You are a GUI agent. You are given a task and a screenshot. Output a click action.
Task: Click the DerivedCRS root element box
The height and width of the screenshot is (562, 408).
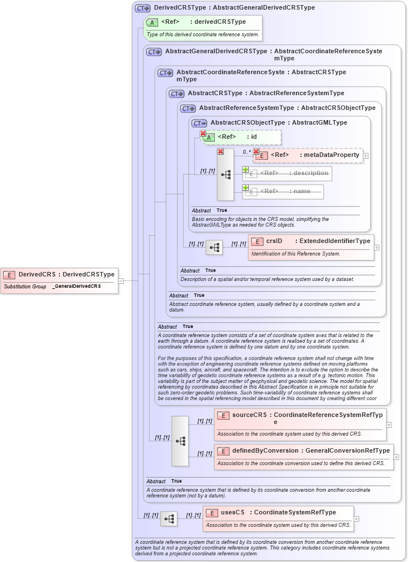click(59, 274)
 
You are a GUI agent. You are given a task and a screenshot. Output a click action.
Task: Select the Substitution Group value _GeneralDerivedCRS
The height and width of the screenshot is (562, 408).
click(76, 287)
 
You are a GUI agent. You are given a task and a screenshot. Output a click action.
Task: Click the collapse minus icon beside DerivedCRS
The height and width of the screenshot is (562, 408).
click(121, 280)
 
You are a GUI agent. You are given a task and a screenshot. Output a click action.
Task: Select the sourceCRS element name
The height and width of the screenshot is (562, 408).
click(250, 415)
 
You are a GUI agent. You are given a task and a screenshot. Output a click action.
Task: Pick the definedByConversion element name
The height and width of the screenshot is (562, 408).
click(265, 450)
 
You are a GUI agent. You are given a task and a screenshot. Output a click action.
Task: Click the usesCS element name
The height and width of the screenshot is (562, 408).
click(232, 512)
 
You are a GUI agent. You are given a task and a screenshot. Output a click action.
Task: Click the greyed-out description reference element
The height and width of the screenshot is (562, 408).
click(287, 173)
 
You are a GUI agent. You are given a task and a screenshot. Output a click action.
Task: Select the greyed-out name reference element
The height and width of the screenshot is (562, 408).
click(283, 191)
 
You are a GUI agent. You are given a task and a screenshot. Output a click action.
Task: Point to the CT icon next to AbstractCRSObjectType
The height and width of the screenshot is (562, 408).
click(199, 123)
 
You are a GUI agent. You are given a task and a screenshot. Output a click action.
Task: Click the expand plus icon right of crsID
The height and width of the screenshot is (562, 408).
click(377, 248)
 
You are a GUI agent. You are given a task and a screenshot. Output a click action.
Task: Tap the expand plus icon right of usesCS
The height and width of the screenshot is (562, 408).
click(356, 518)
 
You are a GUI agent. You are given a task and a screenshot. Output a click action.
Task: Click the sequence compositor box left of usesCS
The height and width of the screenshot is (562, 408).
click(169, 518)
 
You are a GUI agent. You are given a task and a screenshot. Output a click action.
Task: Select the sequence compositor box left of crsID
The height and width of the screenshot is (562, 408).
click(214, 248)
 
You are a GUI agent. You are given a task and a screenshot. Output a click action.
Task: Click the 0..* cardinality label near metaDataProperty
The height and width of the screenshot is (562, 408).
click(246, 152)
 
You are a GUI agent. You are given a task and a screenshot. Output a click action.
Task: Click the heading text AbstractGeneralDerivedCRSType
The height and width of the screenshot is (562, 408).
click(216, 52)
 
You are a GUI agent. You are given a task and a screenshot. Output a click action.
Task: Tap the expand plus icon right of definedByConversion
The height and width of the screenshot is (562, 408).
click(396, 457)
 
